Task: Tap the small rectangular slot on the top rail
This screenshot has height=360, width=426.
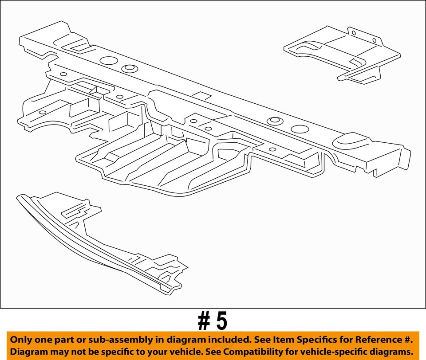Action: pos(203,95)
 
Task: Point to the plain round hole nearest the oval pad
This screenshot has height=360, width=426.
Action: pos(300,129)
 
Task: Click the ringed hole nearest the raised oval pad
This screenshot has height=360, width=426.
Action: pos(274,120)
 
